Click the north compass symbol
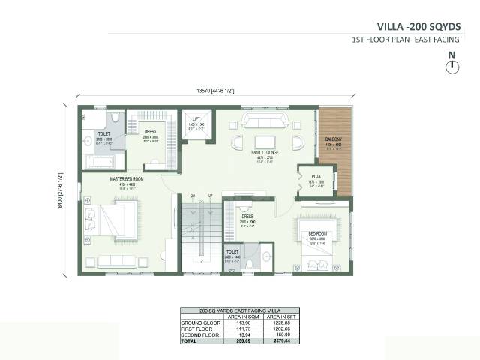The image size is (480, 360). point(451,67)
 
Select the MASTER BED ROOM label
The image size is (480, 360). point(127,178)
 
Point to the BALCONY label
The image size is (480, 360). point(334,139)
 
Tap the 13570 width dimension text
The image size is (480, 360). point(216,90)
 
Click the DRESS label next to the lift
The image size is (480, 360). point(150,132)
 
